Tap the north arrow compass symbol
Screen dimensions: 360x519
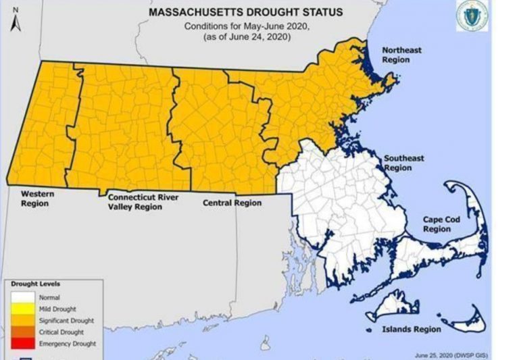[x=15, y=21]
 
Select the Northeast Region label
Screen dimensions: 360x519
[x=403, y=55]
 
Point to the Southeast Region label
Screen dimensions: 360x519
[x=404, y=163]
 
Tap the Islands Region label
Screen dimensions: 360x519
[x=413, y=329]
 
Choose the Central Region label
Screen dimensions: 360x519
[x=232, y=203]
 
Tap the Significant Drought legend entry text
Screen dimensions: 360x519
[x=66, y=321]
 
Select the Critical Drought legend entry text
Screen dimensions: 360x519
[x=61, y=332]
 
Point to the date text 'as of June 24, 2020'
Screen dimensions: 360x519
[x=245, y=36]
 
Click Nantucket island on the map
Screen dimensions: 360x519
[x=466, y=317]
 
